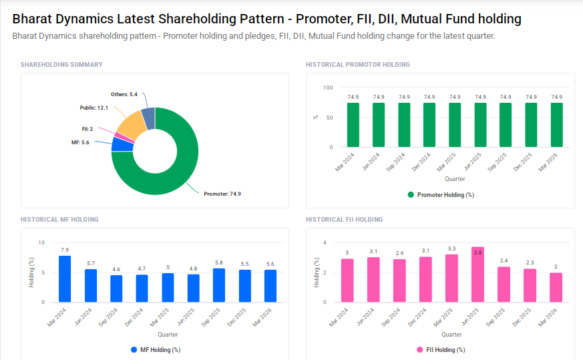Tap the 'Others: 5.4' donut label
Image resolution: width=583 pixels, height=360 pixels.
(124, 95)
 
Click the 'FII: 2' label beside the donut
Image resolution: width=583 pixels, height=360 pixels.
(87, 129)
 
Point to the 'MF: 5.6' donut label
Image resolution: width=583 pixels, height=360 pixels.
(80, 142)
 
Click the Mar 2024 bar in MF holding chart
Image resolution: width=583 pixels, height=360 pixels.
(65, 279)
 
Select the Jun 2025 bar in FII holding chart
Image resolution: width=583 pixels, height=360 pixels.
(477, 275)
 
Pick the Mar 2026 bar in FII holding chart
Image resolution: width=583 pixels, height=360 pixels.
(556, 287)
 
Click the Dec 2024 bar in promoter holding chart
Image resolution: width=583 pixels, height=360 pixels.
(429, 125)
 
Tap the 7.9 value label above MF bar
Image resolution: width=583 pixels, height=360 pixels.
(65, 250)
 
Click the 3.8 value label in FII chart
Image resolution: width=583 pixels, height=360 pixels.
(477, 252)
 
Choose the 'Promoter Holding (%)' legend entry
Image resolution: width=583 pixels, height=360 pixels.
(441, 195)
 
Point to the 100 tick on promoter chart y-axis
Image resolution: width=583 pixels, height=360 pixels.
(328, 87)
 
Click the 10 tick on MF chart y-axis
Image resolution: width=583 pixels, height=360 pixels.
(41, 242)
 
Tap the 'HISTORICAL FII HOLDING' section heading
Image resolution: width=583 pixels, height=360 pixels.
(344, 220)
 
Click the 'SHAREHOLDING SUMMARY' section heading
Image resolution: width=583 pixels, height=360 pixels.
(61, 65)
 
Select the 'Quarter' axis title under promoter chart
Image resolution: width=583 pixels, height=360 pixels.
(454, 179)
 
